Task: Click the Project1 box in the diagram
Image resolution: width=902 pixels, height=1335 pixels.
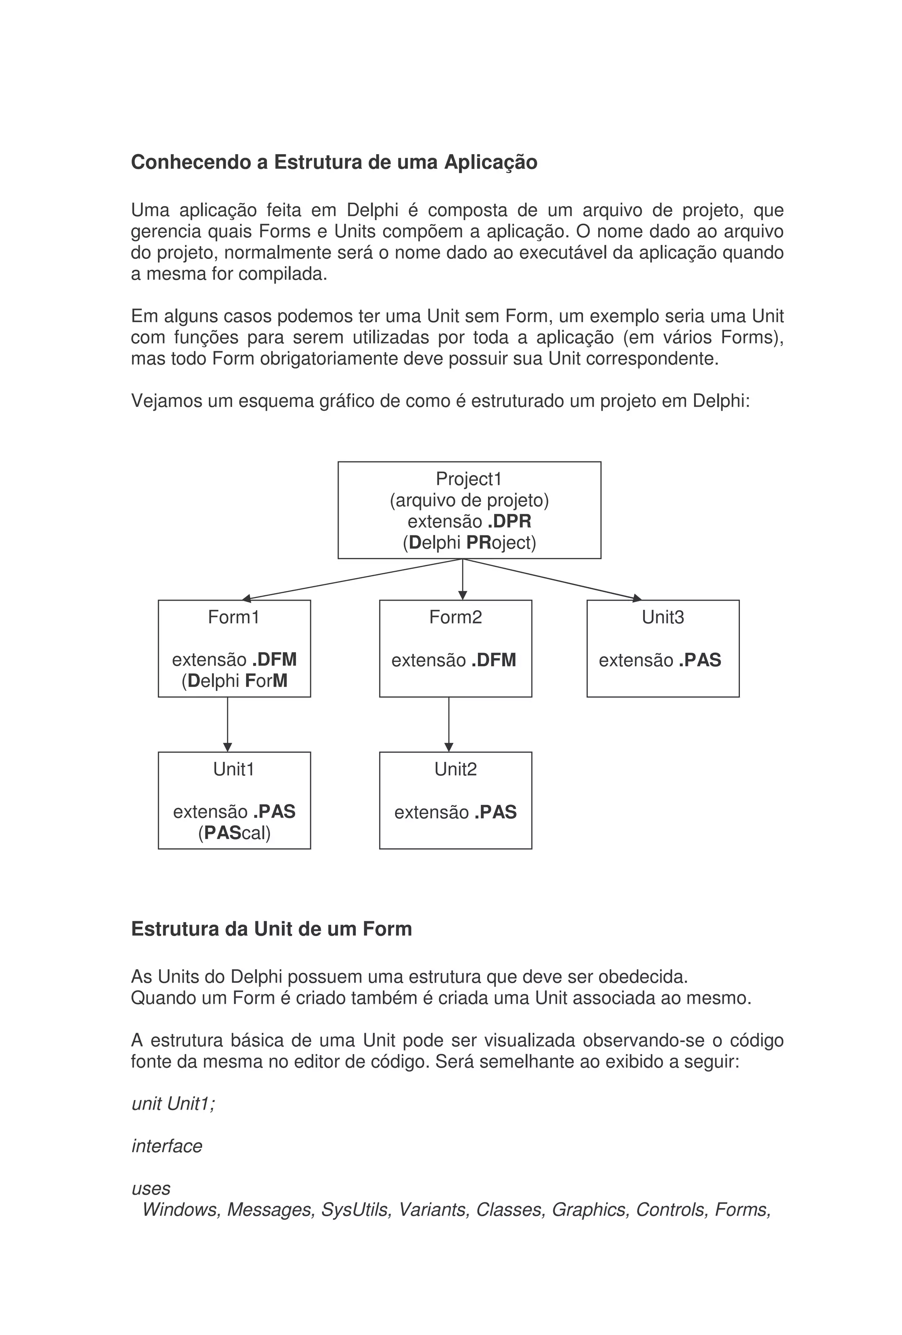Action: pyautogui.click(x=469, y=509)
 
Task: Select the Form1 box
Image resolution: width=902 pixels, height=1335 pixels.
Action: pyautogui.click(x=234, y=648)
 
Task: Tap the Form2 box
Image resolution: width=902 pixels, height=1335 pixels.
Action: pyautogui.click(x=455, y=648)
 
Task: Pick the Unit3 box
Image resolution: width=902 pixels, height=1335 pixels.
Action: pyautogui.click(x=662, y=648)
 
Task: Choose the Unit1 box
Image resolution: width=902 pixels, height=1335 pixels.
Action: pyautogui.click(x=234, y=800)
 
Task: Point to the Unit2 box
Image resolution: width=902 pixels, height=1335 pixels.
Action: pyautogui.click(x=455, y=800)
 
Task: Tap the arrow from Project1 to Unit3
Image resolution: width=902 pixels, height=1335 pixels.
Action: pyautogui.click(x=551, y=579)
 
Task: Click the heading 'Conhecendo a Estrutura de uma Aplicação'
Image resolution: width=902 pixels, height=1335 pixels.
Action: pyautogui.click(x=334, y=162)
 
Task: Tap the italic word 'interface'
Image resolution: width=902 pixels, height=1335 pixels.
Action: pyautogui.click(x=166, y=1146)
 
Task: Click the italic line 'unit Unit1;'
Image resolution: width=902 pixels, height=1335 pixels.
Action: pyautogui.click(x=173, y=1103)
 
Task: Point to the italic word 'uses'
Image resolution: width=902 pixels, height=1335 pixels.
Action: pyautogui.click(x=151, y=1188)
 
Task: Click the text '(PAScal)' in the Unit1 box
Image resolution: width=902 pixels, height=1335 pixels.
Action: pyautogui.click(x=234, y=832)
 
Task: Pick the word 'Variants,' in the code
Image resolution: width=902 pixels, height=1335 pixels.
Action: pyautogui.click(x=434, y=1209)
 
